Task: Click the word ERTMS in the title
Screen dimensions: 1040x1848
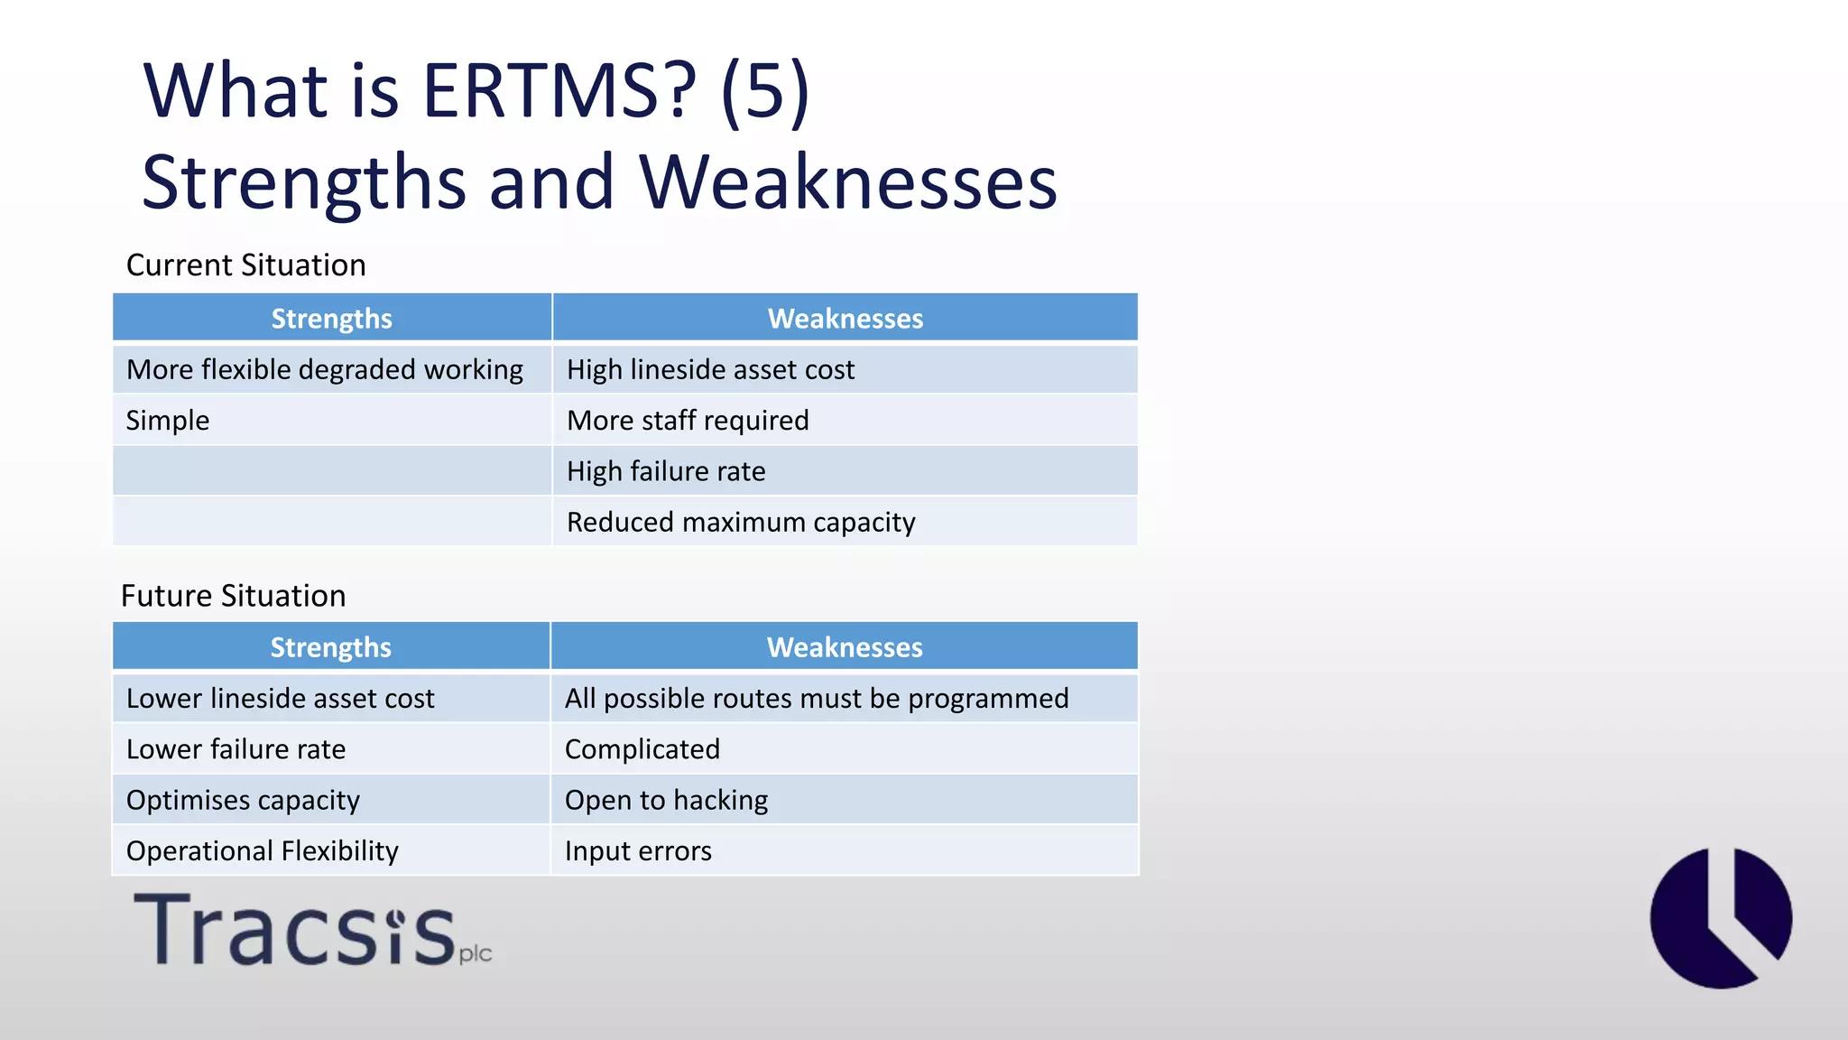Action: coord(559,91)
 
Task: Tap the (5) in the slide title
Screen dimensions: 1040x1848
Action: coord(765,91)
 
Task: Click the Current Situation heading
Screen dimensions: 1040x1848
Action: coord(245,265)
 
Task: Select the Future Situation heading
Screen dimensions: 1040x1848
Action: coord(233,596)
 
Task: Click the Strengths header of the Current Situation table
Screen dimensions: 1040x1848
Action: coord(331,319)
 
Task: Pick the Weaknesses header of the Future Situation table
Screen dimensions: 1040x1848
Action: coord(844,647)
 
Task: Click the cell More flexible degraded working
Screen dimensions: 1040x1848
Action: coord(324,370)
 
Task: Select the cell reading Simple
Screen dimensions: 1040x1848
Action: coord(168,421)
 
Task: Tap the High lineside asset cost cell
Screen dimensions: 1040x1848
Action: coord(710,370)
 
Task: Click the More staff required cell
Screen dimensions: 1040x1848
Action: coord(688,421)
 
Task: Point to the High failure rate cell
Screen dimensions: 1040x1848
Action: coord(666,471)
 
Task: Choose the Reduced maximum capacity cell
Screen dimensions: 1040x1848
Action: coord(741,523)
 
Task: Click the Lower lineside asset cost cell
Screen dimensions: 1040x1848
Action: coord(280,699)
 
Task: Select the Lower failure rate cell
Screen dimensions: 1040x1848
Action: coord(236,749)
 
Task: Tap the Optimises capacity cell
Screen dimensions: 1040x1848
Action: coord(243,801)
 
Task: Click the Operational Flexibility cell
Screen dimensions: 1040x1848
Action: coord(262,851)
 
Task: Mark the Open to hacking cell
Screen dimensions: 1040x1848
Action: coord(666,801)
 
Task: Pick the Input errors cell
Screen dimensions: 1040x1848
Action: coord(638,851)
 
